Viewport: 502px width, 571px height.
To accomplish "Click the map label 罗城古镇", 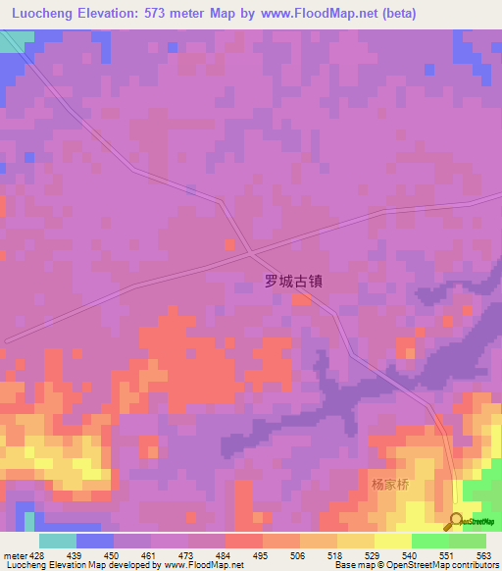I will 293,280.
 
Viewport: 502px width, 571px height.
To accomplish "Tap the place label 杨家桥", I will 389,485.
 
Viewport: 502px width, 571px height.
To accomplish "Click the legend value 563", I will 484,555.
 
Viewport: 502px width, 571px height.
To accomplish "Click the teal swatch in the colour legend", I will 57,541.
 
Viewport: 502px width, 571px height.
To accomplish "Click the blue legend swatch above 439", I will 94,541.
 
